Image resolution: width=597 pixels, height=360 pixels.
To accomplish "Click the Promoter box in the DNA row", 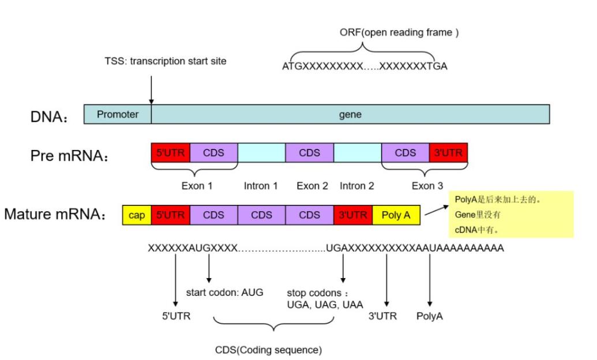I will coord(118,114).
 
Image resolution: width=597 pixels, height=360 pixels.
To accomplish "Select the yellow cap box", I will coord(136,215).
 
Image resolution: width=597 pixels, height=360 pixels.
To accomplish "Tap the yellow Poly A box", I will coord(396,215).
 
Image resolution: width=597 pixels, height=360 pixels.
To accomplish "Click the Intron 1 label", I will coord(261,186).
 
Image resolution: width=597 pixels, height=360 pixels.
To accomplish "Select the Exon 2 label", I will coord(312,186).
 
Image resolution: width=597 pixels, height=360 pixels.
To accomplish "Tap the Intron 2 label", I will coord(357,186).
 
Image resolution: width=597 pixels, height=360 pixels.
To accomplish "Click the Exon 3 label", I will coord(427,186).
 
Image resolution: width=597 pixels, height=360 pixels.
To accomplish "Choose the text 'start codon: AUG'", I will coord(224,292).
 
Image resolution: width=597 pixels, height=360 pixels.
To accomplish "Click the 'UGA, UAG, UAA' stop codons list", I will coord(325,305).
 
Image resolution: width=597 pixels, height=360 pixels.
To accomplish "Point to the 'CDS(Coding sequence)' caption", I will coord(268,350).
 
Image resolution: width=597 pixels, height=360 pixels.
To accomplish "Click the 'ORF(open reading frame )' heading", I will coord(399,32).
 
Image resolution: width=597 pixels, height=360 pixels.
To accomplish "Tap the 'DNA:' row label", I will coord(49,117).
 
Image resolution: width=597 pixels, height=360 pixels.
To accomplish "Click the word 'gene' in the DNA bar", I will coord(350,114).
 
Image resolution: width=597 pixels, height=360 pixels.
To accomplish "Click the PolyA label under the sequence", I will coord(430,317).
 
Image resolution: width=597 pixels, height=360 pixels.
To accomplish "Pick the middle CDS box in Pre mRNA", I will coord(309,153).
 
